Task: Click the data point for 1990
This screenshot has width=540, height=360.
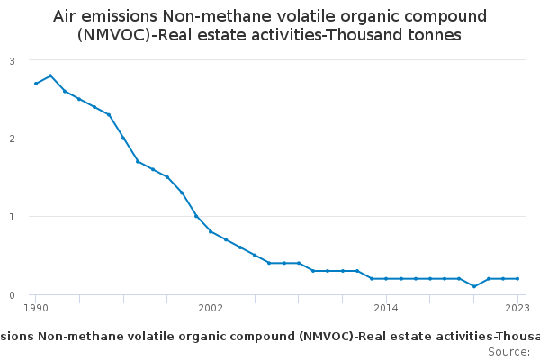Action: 36,84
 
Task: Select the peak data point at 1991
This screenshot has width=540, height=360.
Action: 50,76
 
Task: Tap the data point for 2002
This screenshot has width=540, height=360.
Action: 211,231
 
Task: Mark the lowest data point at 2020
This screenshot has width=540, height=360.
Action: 474,286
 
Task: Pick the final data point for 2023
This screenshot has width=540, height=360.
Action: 517,279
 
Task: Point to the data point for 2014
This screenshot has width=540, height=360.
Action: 386,279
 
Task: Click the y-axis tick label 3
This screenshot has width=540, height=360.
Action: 13,60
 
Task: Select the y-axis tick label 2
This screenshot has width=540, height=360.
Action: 13,139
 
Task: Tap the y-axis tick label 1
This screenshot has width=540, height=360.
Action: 13,217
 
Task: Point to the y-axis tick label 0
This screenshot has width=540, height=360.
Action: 13,295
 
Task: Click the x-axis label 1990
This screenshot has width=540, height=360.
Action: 36,309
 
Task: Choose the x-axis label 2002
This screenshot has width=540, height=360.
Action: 211,309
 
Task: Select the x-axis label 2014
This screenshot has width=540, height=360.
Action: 386,309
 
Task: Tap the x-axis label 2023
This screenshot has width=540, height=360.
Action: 517,309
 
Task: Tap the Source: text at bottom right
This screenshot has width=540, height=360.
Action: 508,351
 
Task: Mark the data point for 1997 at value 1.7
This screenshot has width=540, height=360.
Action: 138,161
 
